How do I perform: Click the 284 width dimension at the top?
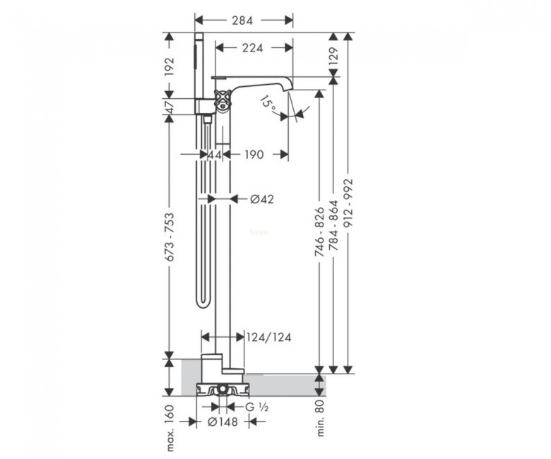point(242,20)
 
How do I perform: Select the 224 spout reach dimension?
point(252,47)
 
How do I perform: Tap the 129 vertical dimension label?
point(333,56)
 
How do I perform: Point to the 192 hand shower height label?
point(170,66)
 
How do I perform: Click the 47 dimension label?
point(170,107)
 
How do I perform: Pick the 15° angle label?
point(269,104)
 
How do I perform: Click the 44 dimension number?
point(215,154)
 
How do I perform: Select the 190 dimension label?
point(254,154)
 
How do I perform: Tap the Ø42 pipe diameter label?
point(262,199)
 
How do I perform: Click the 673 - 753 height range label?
point(170,237)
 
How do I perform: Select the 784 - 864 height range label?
point(333,225)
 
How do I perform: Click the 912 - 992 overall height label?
point(347,204)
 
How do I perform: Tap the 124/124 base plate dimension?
point(269,338)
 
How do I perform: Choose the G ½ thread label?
point(257,407)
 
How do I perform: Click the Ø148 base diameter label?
point(223,422)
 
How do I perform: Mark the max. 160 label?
point(170,428)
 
